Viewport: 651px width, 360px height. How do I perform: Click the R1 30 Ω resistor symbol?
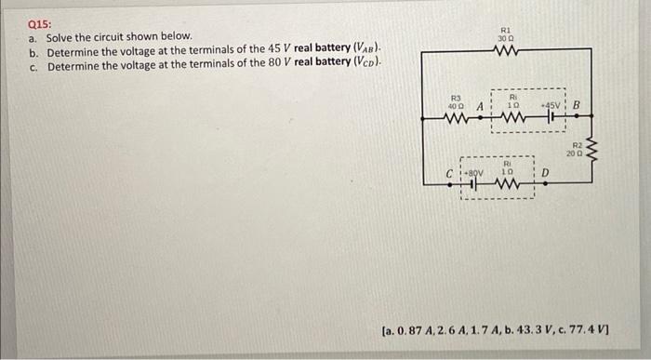pyautogui.click(x=508, y=52)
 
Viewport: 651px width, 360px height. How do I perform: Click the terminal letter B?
pyautogui.click(x=578, y=105)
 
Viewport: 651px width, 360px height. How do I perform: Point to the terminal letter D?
pyautogui.click(x=546, y=172)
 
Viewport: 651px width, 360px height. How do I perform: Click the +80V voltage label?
pyautogui.click(x=470, y=172)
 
